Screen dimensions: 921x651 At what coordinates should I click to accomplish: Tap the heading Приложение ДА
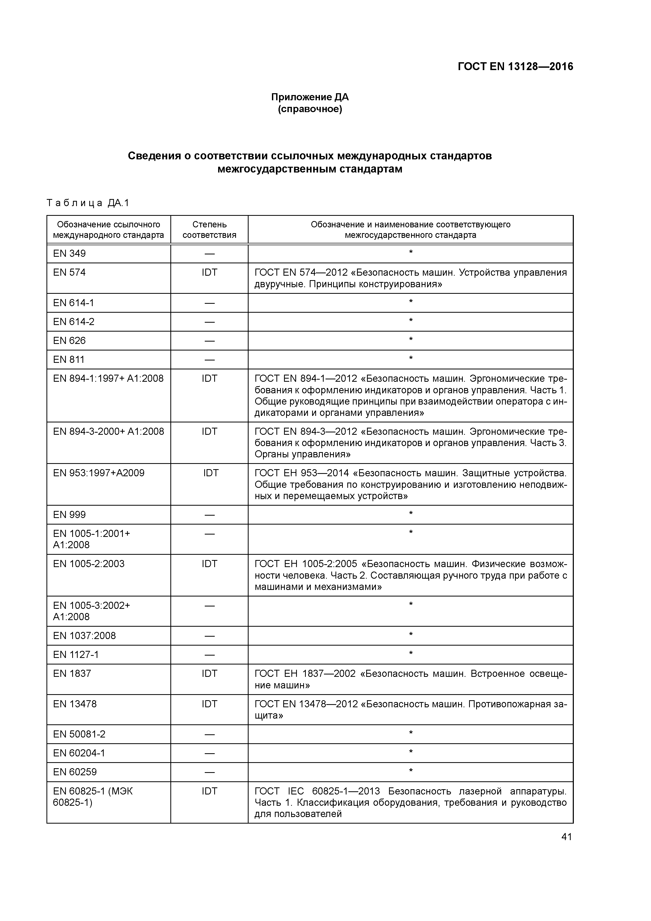coord(310,97)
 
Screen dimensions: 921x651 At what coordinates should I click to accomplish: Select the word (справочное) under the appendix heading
coord(310,109)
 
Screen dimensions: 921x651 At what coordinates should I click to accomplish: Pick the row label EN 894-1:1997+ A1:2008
coord(108,378)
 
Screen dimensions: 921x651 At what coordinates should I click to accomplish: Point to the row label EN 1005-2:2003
coord(89,564)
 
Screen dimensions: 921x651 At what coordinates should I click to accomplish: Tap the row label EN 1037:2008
coord(84,636)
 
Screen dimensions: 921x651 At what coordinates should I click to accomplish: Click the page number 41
coord(566,837)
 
